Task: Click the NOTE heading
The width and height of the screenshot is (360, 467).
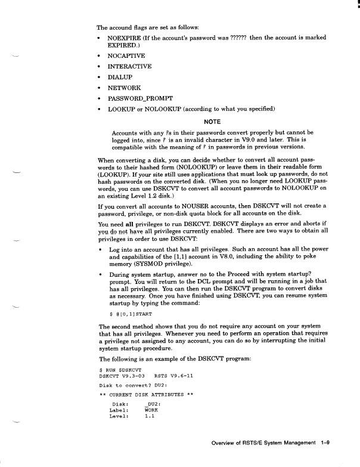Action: tap(212, 121)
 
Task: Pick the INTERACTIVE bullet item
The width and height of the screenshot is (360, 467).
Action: tap(129, 66)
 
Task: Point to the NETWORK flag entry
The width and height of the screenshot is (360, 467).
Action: tap(124, 87)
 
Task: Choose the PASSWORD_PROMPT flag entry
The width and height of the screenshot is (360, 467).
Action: tap(140, 98)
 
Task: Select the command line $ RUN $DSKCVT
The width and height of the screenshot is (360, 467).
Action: tap(119, 369)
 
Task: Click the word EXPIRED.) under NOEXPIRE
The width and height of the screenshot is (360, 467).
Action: tap(123, 45)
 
